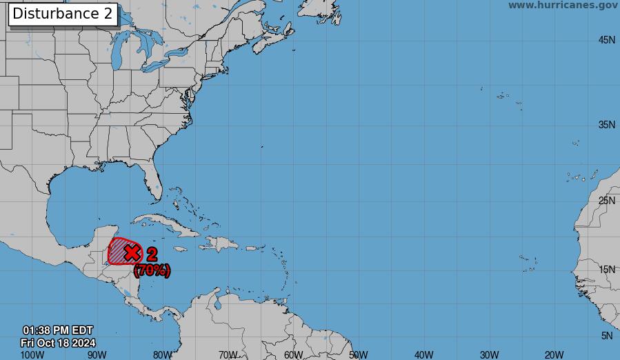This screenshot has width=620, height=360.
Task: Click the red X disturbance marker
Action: (x=132, y=253)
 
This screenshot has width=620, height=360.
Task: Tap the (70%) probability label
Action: (x=152, y=270)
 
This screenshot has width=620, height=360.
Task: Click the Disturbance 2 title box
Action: (x=63, y=14)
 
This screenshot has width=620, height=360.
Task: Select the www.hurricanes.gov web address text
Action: (x=563, y=6)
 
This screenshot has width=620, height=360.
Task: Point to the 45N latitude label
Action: (x=607, y=40)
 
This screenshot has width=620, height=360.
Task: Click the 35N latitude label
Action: (x=607, y=125)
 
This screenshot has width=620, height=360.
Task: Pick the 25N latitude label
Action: (x=607, y=201)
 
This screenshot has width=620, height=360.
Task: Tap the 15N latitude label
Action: (x=607, y=270)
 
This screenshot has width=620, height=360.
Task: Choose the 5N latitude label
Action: (x=607, y=336)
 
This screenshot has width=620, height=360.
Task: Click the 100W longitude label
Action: (x=32, y=354)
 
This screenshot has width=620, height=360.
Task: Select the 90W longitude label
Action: (x=97, y=354)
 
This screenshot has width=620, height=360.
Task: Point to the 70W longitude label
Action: (x=228, y=354)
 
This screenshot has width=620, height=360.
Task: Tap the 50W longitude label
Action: (x=359, y=354)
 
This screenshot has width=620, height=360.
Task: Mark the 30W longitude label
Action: (x=489, y=354)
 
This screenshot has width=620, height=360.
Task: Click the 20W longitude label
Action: (x=554, y=354)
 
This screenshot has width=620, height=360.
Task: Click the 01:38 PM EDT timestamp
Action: (x=58, y=330)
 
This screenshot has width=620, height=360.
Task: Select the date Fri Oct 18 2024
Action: (x=58, y=343)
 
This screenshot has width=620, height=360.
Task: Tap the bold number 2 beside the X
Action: (x=152, y=254)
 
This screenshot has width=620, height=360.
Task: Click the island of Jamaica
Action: (x=180, y=249)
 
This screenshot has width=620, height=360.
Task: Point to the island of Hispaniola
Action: (x=219, y=243)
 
